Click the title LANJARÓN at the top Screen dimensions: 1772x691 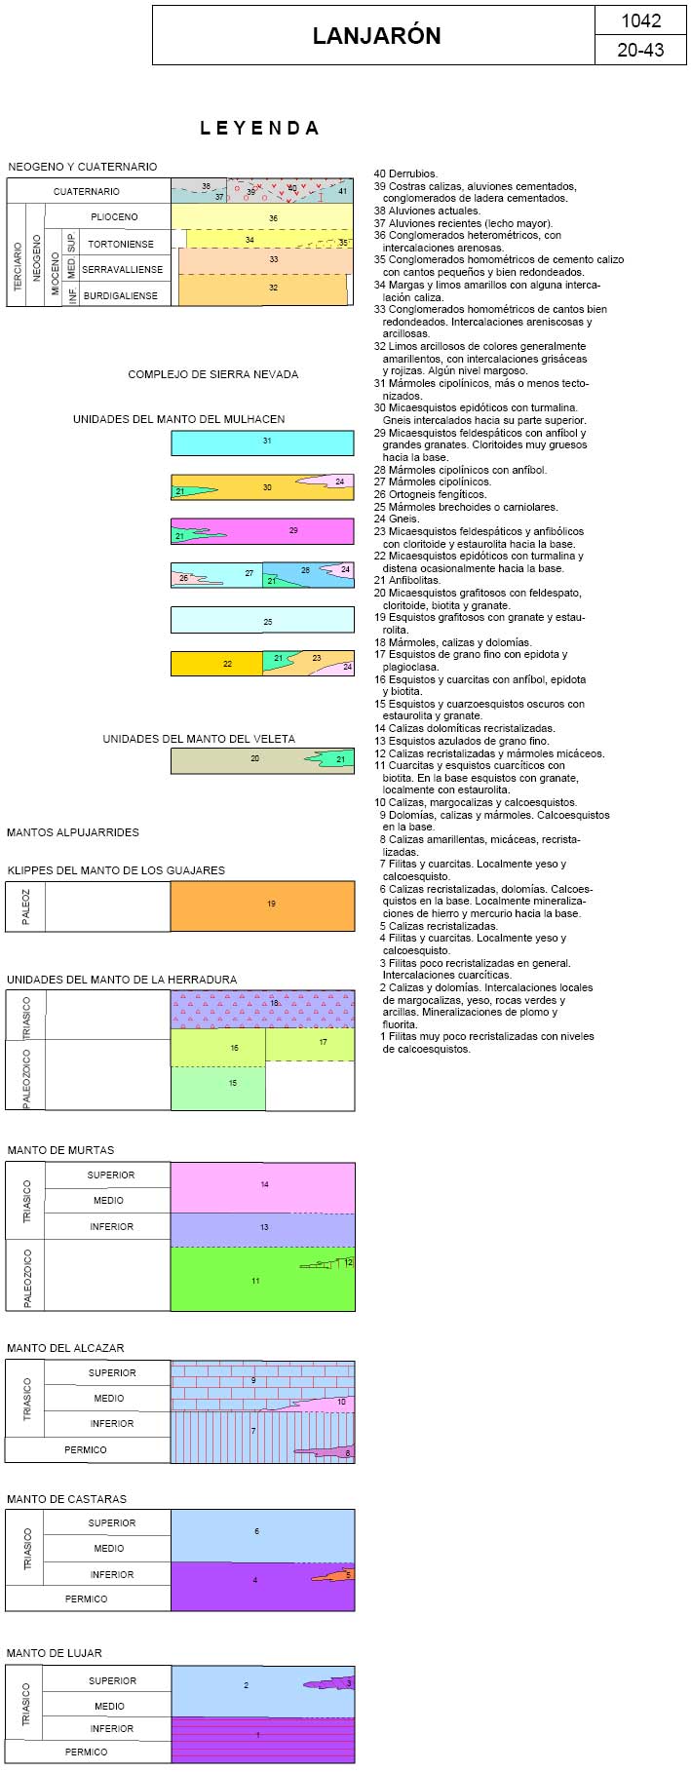coord(376,36)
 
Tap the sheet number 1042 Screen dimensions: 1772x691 coord(640,20)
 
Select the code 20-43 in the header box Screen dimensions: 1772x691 coord(640,50)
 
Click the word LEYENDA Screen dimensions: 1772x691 coord(259,128)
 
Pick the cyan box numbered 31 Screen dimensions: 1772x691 coord(262,443)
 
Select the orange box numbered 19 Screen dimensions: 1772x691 coord(262,905)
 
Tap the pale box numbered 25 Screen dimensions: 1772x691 coord(262,621)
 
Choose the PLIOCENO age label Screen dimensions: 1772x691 coord(114,216)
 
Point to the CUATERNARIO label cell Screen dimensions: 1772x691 coord(87,191)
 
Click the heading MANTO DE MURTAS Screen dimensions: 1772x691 coord(60,1150)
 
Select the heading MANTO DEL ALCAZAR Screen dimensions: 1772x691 coord(65,1348)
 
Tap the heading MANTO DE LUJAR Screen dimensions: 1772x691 coord(55,1653)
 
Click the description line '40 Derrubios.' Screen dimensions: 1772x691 coord(406,173)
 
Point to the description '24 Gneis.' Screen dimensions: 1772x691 coord(397,519)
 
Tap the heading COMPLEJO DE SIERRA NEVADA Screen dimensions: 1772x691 coord(213,374)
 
